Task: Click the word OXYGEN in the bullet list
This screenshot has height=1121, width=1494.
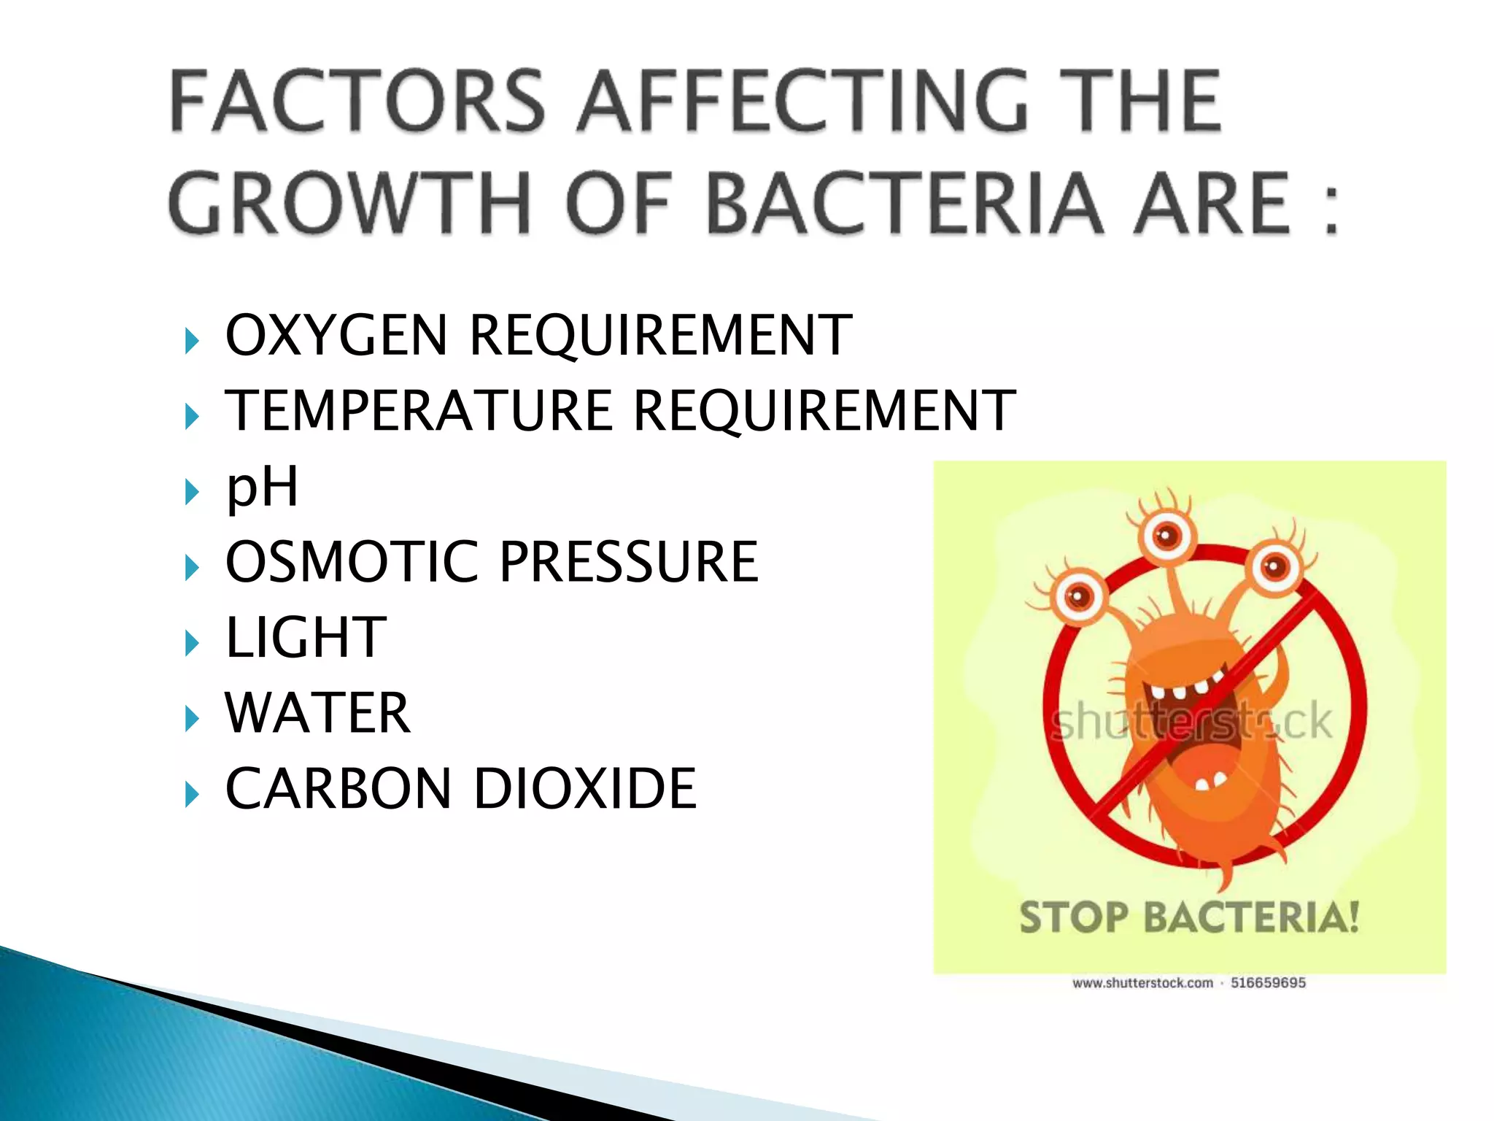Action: [336, 336]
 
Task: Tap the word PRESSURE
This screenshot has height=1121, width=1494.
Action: [629, 562]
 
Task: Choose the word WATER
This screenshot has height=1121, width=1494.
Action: [318, 713]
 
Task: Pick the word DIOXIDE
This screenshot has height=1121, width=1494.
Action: [585, 789]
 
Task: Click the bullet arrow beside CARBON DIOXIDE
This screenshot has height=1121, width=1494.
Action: [192, 794]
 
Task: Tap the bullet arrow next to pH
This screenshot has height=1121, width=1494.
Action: [192, 492]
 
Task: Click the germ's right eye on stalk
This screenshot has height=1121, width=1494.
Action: [1276, 567]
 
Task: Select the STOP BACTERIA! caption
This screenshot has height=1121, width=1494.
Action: [1189, 917]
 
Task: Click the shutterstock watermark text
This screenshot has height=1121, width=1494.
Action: [1191, 722]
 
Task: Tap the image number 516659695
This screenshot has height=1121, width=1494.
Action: [1268, 983]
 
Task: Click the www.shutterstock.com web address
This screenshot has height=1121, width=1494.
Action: [1142, 983]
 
